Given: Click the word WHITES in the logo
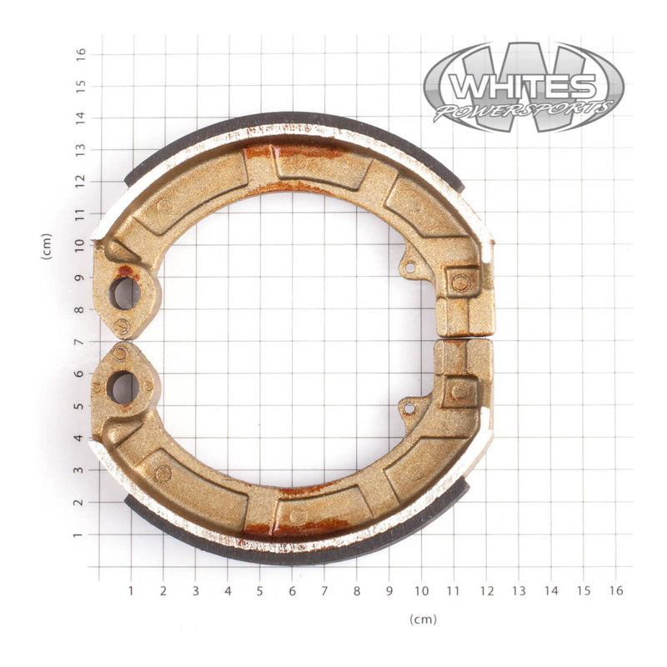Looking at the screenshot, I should (x=523, y=86).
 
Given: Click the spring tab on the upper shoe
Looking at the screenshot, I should (x=409, y=268).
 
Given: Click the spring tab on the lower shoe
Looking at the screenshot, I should (x=408, y=408).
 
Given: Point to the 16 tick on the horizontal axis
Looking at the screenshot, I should (x=615, y=590).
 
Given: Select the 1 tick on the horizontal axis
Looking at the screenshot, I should (x=131, y=590).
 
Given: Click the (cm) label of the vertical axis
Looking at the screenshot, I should (x=47, y=247).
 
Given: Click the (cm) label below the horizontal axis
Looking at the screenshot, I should (x=423, y=619).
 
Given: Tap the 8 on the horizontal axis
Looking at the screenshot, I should (x=357, y=590).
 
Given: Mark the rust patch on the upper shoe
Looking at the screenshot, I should (x=292, y=153).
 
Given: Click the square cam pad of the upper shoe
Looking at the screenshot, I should (x=460, y=283).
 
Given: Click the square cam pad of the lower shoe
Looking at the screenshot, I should (x=459, y=390).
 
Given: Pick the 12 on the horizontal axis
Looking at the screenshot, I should (x=486, y=590).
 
